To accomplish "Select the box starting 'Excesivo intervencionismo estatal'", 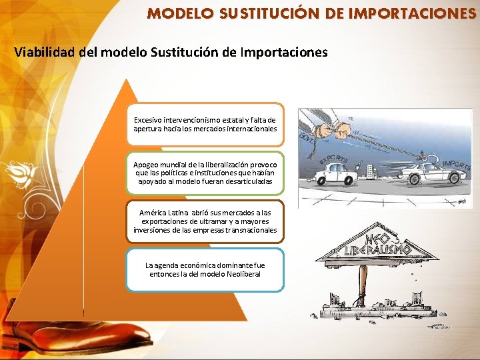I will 205,124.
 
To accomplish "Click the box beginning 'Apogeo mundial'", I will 205,172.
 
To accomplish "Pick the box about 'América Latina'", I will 205,221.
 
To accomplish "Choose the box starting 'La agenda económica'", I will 205,270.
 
